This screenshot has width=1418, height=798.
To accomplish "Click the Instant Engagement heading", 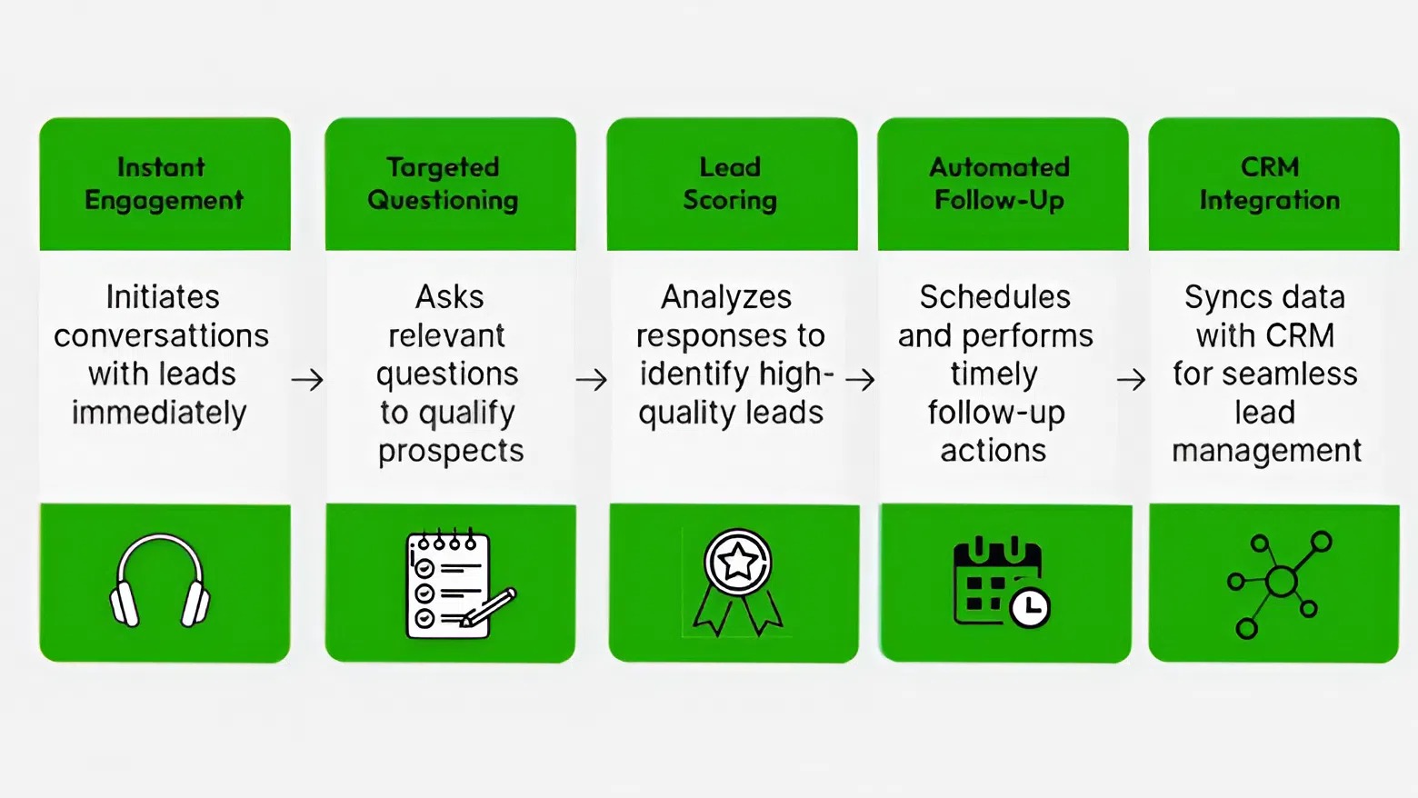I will point(164,184).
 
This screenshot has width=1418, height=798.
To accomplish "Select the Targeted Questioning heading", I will point(443,184).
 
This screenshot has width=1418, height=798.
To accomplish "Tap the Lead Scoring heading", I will point(730,184).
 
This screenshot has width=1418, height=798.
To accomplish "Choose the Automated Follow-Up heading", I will point(999,184).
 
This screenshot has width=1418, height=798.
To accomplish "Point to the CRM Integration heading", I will point(1269,184).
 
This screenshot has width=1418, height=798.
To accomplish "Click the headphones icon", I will point(160,582).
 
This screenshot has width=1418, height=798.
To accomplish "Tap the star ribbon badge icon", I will point(737,582).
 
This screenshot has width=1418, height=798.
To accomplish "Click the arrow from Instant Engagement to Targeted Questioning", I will point(307,379).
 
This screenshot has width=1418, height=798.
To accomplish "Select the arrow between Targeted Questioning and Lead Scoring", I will point(592,379).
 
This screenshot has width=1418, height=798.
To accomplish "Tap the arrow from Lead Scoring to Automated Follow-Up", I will point(860,379).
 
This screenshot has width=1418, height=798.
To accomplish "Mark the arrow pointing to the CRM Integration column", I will point(1131,379).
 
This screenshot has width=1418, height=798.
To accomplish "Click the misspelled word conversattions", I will point(161,336).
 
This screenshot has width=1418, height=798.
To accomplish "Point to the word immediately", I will point(159,414).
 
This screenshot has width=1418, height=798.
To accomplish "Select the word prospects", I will point(451,452).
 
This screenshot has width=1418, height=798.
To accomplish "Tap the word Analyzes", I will point(725,297).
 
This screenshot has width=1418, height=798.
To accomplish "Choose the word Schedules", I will point(994,297).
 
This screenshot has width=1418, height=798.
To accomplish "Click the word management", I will point(1266,452).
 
